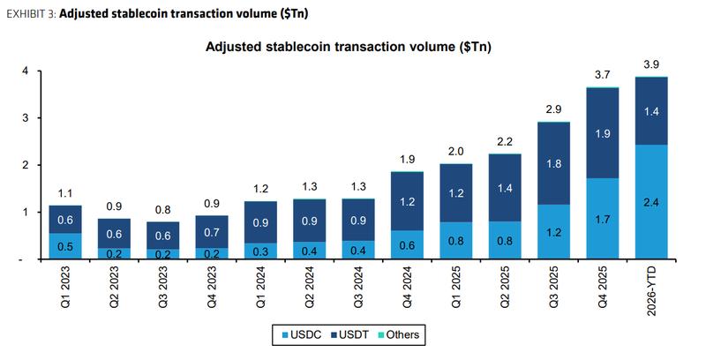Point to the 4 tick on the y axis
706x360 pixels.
[26, 71]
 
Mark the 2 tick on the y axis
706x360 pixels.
[26, 165]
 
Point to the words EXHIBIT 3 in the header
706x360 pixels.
[31, 13]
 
